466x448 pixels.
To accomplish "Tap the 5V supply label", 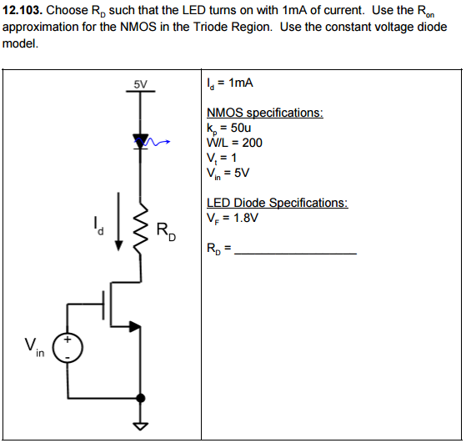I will [x=140, y=84].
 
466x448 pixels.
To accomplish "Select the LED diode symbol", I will [x=140, y=140].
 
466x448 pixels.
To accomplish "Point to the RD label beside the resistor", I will [x=166, y=231].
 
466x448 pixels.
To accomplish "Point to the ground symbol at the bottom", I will [x=140, y=426].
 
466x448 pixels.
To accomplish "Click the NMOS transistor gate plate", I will [x=108, y=305].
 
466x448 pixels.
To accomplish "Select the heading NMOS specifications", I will [x=264, y=113].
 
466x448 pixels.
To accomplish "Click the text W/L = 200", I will [x=234, y=143].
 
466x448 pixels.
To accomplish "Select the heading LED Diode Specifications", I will [x=277, y=203].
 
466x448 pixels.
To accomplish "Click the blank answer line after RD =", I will [x=297, y=251].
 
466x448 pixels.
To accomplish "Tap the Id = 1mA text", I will [x=230, y=83].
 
